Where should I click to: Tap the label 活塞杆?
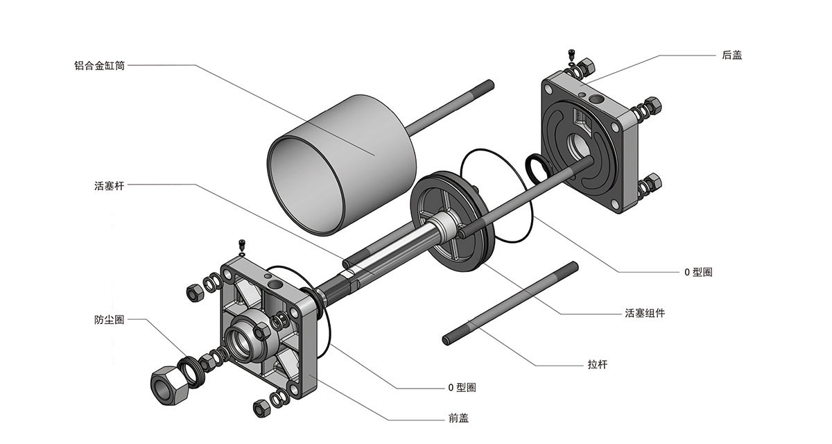pyautogui.click(x=109, y=185)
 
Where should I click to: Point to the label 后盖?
pyautogui.click(x=731, y=55)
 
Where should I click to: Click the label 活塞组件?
pyautogui.click(x=645, y=313)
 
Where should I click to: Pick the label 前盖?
pyautogui.click(x=458, y=418)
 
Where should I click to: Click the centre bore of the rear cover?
pyautogui.click(x=578, y=146)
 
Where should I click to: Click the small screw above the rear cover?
pyautogui.click(x=571, y=55)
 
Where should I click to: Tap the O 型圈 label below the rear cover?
pyautogui.click(x=697, y=272)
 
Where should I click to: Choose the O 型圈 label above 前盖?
pyautogui.click(x=462, y=387)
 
